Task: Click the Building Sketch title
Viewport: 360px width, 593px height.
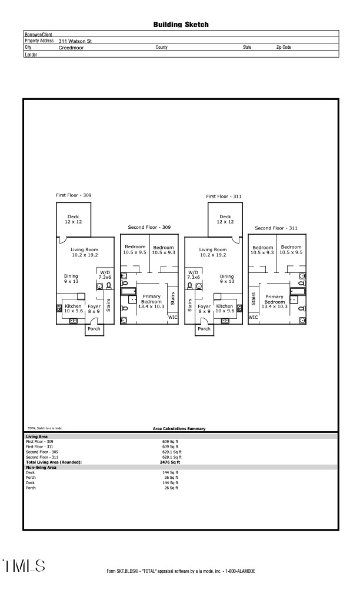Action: pyautogui.click(x=181, y=25)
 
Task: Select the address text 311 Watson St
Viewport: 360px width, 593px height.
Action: pyautogui.click(x=75, y=41)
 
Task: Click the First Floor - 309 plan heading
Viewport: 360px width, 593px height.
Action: pyautogui.click(x=74, y=195)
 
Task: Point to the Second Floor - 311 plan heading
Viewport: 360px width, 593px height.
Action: pyautogui.click(x=276, y=228)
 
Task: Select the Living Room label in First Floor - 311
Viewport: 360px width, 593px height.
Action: pyautogui.click(x=212, y=252)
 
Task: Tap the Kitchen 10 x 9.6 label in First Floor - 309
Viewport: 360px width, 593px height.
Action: pyautogui.click(x=74, y=308)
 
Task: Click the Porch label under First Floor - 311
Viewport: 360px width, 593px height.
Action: pyautogui.click(x=204, y=329)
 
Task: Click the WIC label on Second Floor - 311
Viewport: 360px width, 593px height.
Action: pyautogui.click(x=253, y=317)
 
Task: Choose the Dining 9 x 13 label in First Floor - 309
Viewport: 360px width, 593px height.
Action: pyautogui.click(x=71, y=279)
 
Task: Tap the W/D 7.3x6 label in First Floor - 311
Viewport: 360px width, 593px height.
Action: pyautogui.click(x=194, y=274)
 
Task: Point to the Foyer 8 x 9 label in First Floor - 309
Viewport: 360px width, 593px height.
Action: pyautogui.click(x=94, y=308)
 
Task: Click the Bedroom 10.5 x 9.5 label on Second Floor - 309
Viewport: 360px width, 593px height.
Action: pyautogui.click(x=135, y=250)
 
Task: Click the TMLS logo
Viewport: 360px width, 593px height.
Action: pyautogui.click(x=24, y=567)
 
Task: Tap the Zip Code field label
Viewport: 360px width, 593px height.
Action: pyautogui.click(x=284, y=47)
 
